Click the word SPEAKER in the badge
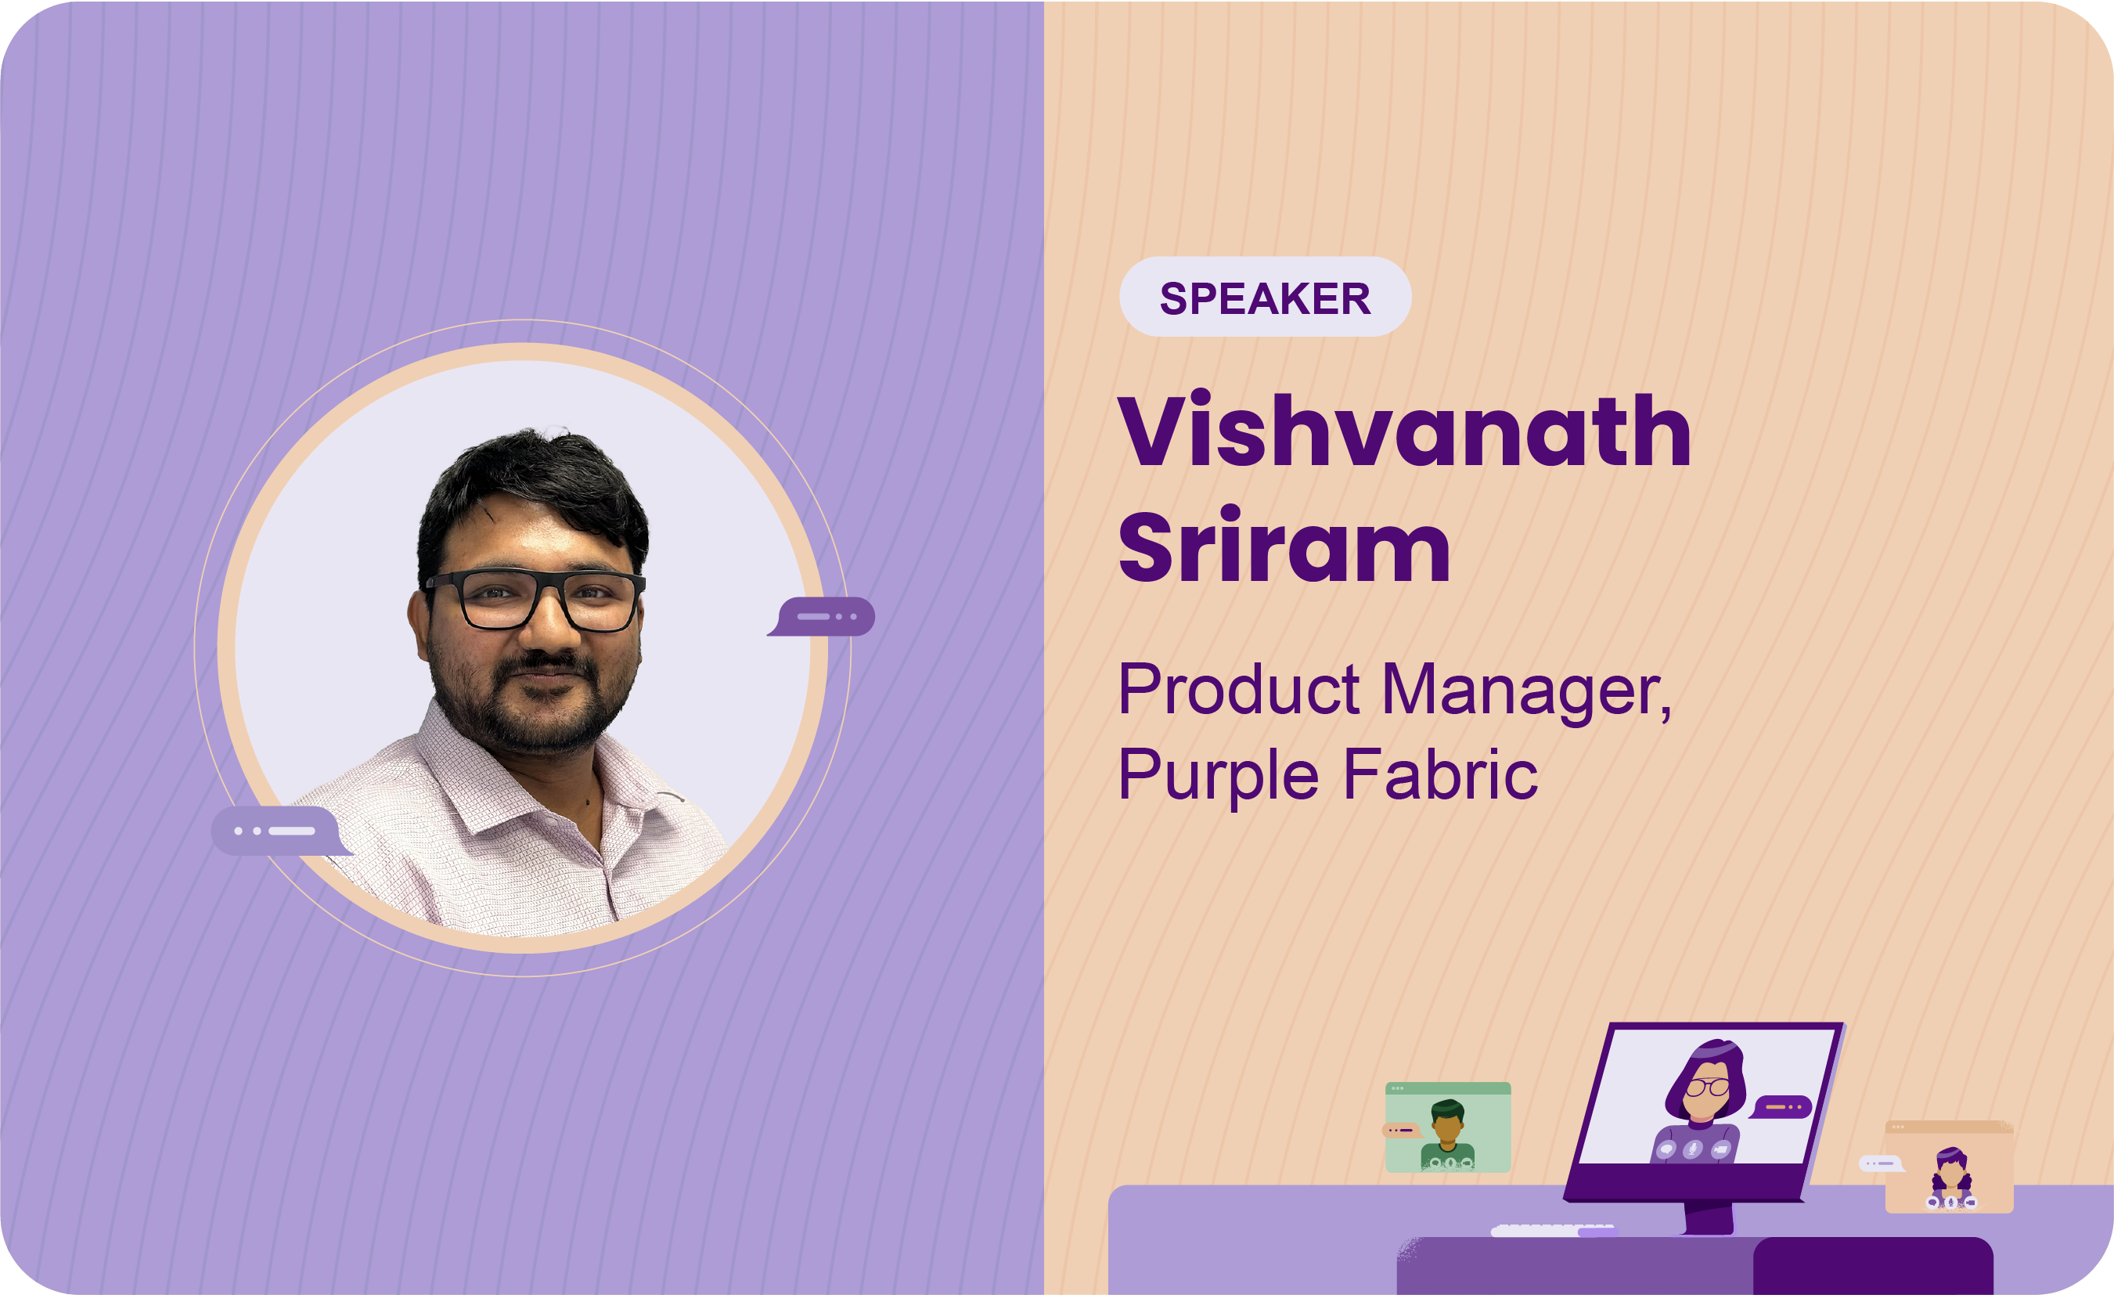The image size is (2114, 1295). click(1265, 298)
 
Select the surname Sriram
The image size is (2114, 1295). click(1284, 546)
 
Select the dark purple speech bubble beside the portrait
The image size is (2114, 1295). click(822, 616)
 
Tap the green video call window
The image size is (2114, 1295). click(1448, 1127)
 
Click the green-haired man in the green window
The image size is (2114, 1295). click(1448, 1134)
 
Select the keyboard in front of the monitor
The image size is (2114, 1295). click(1553, 1231)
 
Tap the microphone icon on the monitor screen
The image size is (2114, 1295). click(1693, 1149)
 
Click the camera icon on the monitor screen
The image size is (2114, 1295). click(1720, 1149)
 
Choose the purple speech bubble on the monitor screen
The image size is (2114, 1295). click(1781, 1107)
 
